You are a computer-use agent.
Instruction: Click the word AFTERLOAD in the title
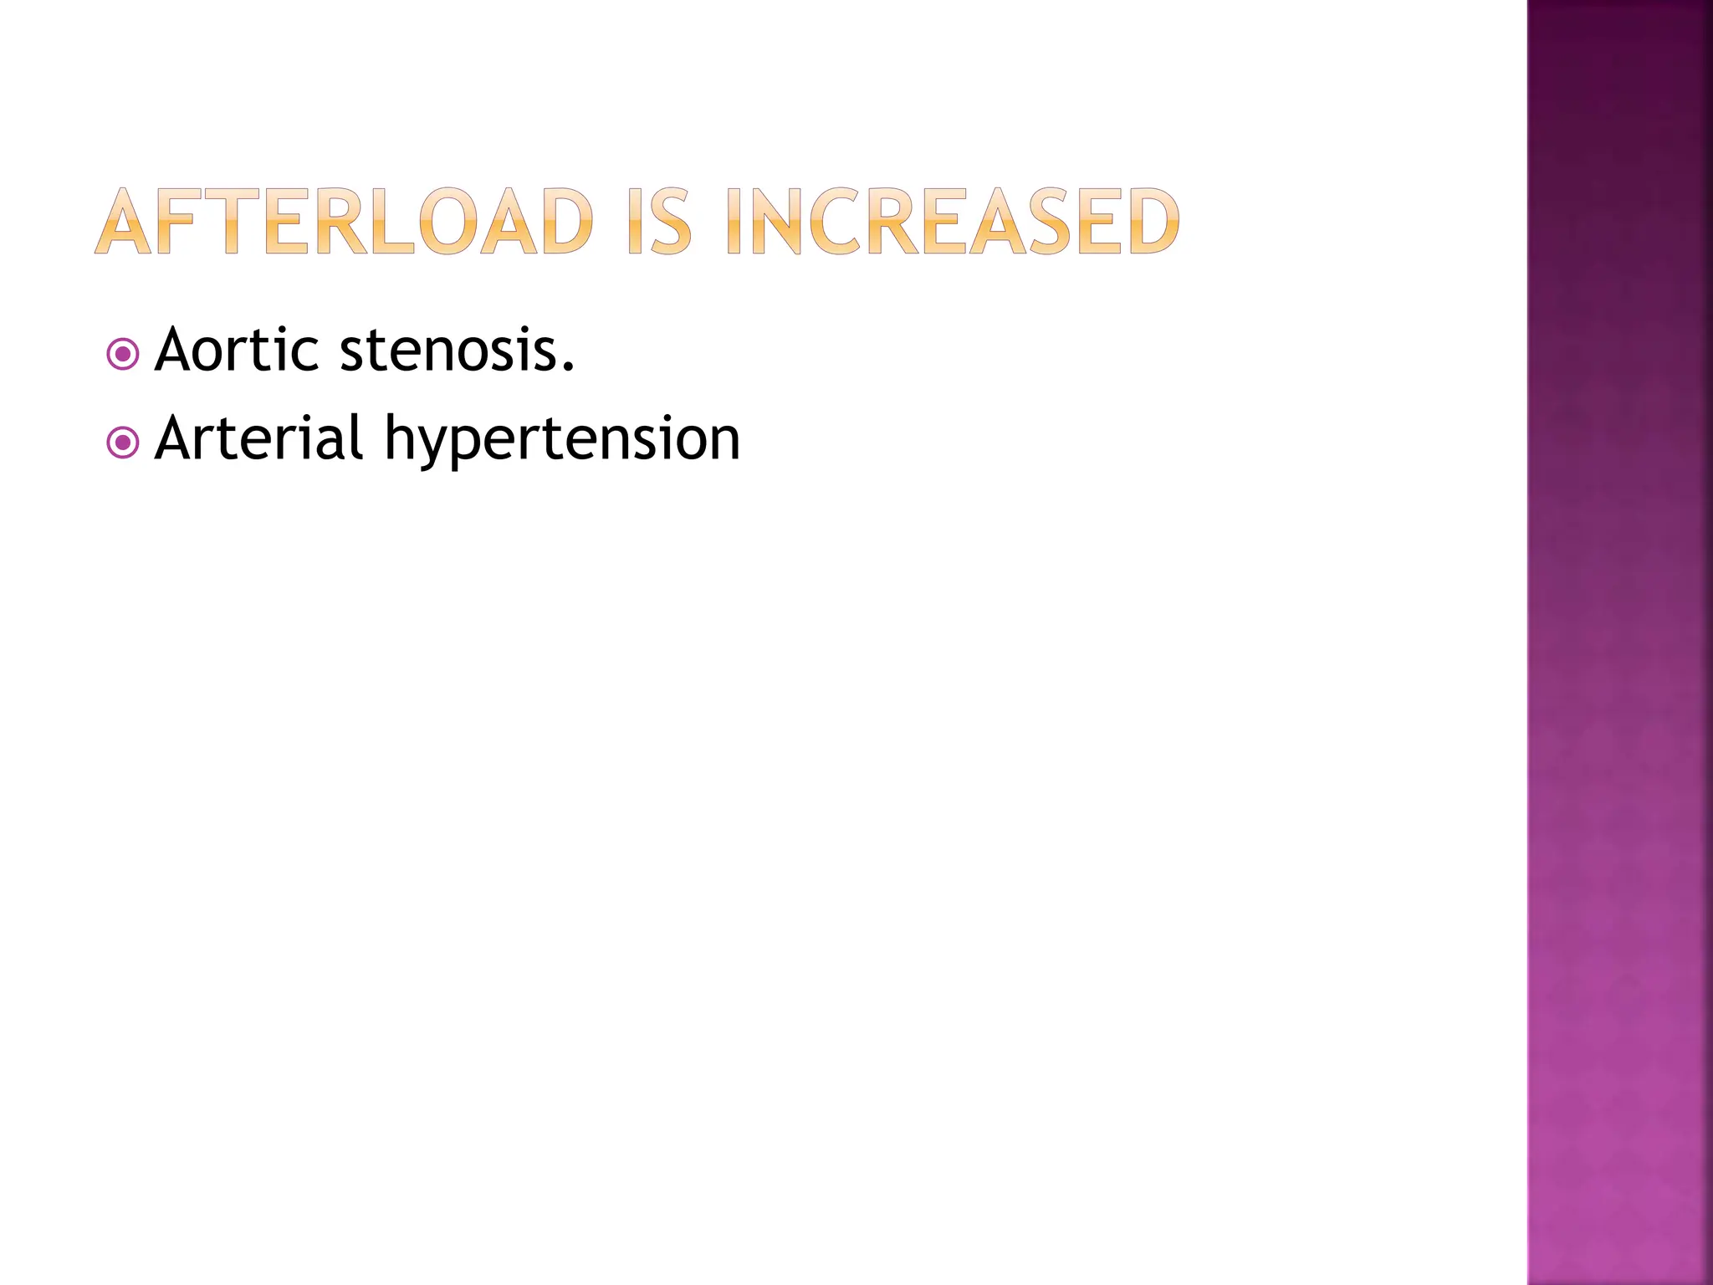(344, 221)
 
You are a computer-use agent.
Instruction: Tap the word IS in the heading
(660, 221)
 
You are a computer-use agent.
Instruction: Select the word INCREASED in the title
(953, 221)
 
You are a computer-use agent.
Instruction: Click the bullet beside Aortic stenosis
(123, 355)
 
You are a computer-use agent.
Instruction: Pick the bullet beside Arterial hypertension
(123, 443)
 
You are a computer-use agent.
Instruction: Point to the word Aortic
(237, 350)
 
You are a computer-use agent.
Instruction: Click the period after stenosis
(569, 367)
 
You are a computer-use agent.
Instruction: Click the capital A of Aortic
(180, 350)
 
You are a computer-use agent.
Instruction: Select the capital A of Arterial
(180, 438)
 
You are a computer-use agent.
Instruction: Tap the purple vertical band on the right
(1619, 642)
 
